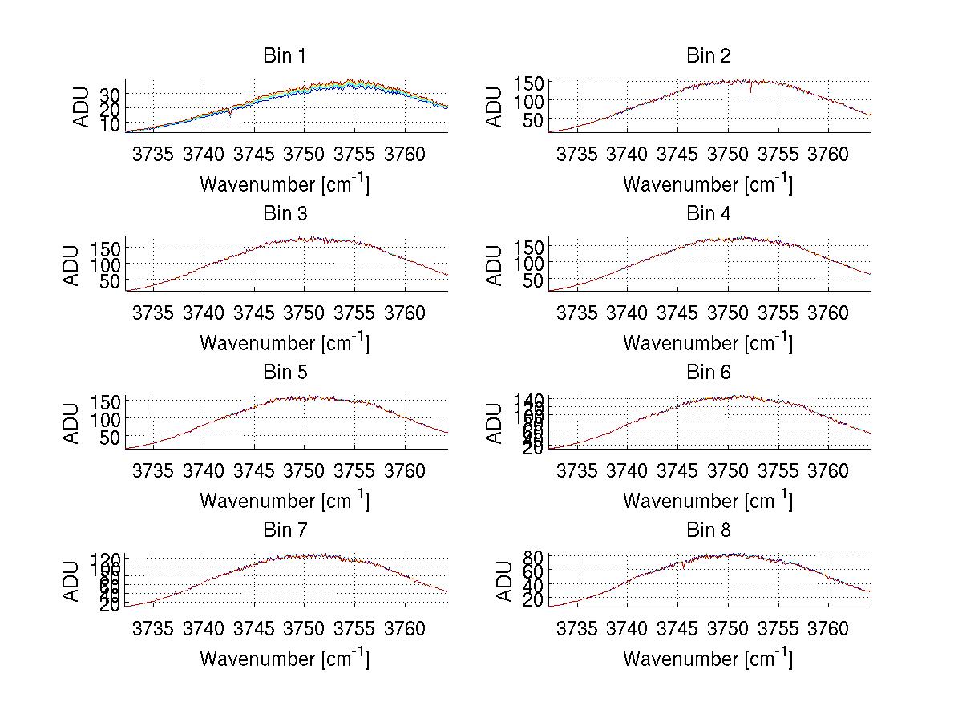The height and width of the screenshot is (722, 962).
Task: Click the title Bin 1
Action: (x=285, y=56)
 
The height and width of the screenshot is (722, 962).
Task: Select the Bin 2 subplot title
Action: (x=709, y=56)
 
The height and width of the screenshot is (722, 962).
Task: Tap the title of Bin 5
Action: (x=285, y=373)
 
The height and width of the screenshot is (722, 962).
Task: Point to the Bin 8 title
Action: (x=709, y=530)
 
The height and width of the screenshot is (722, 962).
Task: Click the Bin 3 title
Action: (x=285, y=214)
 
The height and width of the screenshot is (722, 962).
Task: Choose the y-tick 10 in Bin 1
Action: (x=110, y=125)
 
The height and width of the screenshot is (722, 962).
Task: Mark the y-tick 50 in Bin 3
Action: (x=110, y=281)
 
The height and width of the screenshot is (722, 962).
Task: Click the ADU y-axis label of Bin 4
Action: (x=495, y=265)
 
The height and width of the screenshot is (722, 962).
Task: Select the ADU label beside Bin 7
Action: (x=72, y=582)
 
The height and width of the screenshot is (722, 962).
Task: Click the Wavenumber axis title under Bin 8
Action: (x=709, y=659)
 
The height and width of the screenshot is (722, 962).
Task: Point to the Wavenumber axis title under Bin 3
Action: (x=285, y=342)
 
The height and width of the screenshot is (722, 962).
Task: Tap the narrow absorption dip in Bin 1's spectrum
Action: (x=231, y=115)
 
